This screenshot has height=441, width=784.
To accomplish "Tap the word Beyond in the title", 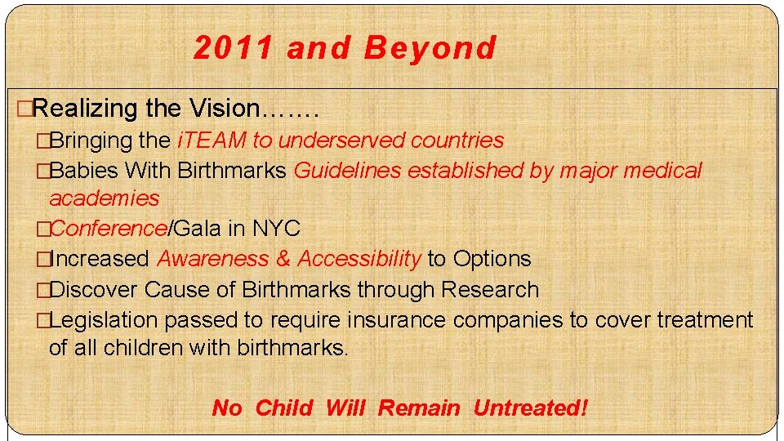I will point(430,48).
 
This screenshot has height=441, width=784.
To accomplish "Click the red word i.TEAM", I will point(212,140).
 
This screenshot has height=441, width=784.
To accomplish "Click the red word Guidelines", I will point(347,171).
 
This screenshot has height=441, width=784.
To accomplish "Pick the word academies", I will point(105,198).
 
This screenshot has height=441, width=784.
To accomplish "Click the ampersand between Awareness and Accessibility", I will point(283,259).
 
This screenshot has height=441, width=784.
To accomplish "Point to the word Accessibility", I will point(359,259).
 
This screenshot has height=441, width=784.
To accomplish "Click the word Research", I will point(490,290).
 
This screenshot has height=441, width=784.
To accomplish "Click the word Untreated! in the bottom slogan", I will point(530,408).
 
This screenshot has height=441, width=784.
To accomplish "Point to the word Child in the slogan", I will point(284,408).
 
